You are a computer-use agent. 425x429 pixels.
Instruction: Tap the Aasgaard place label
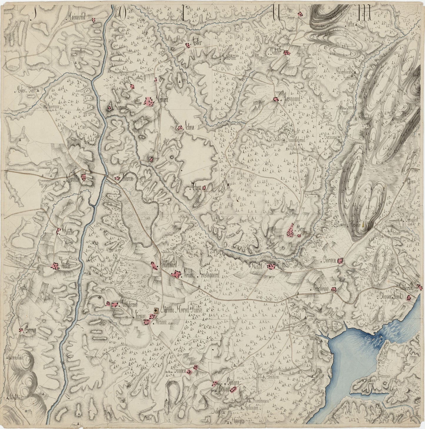tap(291, 99)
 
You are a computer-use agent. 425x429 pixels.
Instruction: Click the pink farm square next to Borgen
tap(341, 260)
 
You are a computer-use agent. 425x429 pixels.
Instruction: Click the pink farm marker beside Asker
tap(187, 45)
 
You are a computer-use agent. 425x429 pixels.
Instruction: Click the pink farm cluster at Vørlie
tap(55, 266)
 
